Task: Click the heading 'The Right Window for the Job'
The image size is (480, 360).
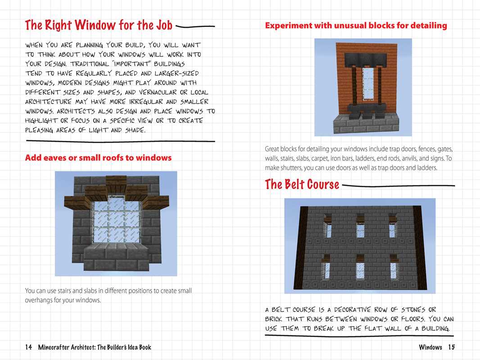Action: tap(99, 25)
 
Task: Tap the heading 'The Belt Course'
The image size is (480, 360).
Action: tap(302, 184)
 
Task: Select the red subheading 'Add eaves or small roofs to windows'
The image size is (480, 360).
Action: tap(98, 157)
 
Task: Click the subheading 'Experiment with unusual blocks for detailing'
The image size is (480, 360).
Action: tap(356, 26)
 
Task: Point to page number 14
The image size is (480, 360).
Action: tap(28, 347)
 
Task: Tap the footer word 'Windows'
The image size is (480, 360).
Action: tap(430, 347)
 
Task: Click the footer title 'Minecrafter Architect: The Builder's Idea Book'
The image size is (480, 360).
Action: tap(95, 347)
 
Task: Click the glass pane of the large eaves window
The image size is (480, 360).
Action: tap(116, 221)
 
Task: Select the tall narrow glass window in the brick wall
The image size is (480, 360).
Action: tap(363, 87)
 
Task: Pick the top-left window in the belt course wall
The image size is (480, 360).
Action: tap(328, 227)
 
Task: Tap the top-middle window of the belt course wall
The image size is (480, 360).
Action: tap(360, 227)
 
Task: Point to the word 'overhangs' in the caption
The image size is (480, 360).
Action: tap(40, 300)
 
